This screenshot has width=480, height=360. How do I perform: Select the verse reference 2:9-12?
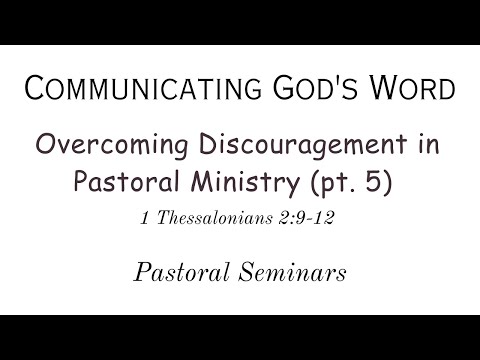316,220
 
